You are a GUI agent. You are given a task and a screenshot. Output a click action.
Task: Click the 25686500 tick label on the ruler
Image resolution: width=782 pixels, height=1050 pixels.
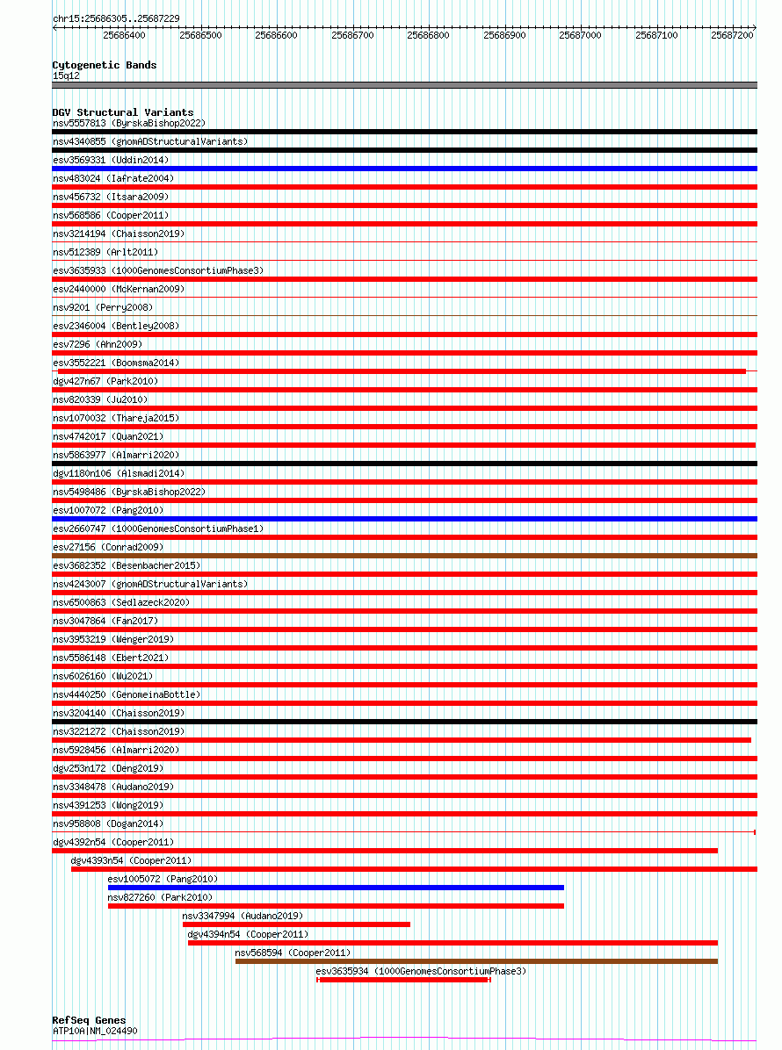tap(200, 35)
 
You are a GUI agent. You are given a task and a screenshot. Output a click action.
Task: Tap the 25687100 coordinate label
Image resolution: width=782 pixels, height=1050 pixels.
tap(656, 35)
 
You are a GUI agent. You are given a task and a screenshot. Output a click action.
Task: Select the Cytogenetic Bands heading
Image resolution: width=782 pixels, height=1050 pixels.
tap(105, 65)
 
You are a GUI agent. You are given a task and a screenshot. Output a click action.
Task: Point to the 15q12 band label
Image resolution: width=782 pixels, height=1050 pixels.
tap(66, 76)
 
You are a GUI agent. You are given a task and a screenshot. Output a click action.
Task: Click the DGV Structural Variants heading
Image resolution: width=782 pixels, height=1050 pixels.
tap(122, 112)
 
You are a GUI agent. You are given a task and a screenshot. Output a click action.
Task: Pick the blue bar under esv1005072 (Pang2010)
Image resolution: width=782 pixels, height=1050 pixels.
tap(336, 888)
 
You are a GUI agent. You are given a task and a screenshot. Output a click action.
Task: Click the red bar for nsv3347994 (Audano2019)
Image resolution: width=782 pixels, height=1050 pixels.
tap(296, 924)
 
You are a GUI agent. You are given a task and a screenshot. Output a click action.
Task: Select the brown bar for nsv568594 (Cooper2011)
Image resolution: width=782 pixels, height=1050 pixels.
tap(476, 961)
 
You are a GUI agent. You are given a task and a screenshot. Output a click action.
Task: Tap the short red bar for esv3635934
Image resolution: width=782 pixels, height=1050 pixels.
tap(403, 980)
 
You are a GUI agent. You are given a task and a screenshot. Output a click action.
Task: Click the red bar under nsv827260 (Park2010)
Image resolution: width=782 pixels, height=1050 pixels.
tap(336, 906)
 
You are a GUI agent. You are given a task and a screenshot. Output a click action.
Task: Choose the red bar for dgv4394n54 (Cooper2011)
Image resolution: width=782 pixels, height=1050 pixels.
tap(453, 943)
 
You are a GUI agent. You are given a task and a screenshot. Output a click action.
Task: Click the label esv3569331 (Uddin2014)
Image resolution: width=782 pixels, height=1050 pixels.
tap(111, 160)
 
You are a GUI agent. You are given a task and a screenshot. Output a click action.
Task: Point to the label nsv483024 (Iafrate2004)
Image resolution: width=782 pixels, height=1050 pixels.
tap(112, 178)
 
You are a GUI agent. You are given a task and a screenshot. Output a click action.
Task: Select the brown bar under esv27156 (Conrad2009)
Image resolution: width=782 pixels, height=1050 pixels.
tap(404, 556)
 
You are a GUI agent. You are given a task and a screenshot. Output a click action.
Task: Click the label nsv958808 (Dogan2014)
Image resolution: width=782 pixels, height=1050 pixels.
tap(108, 823)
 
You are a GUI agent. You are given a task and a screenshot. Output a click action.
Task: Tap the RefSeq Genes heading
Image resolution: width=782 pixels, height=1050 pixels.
tap(89, 1020)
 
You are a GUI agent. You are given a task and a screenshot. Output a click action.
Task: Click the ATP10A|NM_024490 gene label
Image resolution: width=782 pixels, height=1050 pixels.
tap(95, 1031)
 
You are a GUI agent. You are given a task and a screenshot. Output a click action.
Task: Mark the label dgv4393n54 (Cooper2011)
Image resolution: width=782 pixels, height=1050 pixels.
tap(131, 860)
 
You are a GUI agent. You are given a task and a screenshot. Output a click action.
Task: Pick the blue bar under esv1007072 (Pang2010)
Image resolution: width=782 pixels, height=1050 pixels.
tap(404, 519)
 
